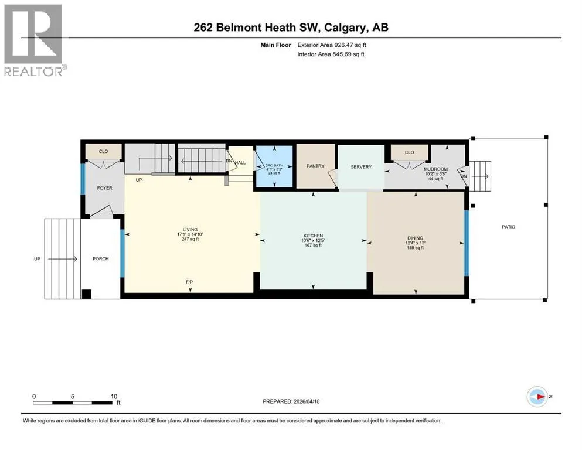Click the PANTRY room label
tap(315, 166)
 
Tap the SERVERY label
tap(361, 167)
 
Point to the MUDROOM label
tap(435, 169)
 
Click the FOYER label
tap(105, 188)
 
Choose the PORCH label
tap(101, 258)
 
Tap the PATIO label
tap(509, 227)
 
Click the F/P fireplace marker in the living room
tap(189, 282)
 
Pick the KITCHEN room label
tap(313, 236)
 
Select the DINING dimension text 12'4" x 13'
tap(416, 243)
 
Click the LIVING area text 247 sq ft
tap(190, 239)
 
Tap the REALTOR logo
tap(33, 40)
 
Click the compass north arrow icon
tap(537, 397)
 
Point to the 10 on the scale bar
tap(114, 396)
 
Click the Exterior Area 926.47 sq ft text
tap(332, 45)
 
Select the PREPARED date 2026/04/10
tap(307, 401)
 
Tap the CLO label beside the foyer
tap(104, 151)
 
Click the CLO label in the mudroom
tap(410, 152)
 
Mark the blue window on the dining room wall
tap(467, 243)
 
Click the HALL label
tap(240, 163)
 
